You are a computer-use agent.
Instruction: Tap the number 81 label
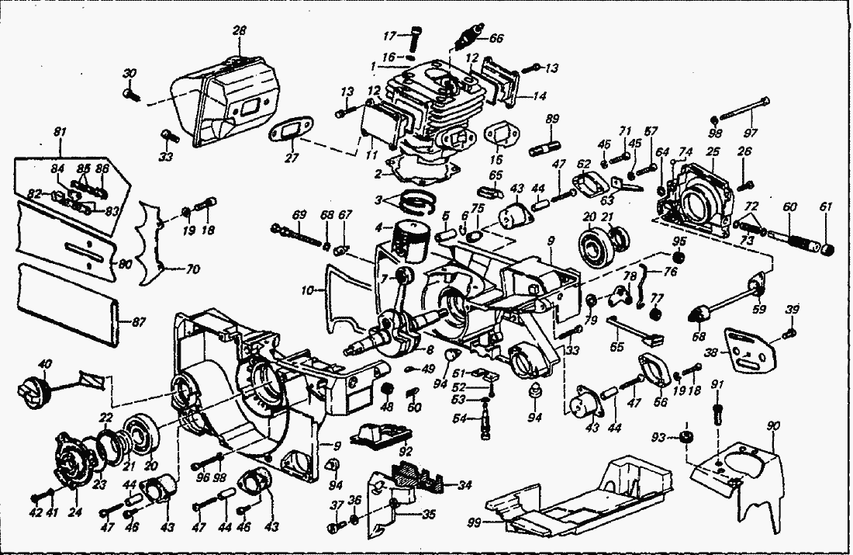[x=59, y=133]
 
